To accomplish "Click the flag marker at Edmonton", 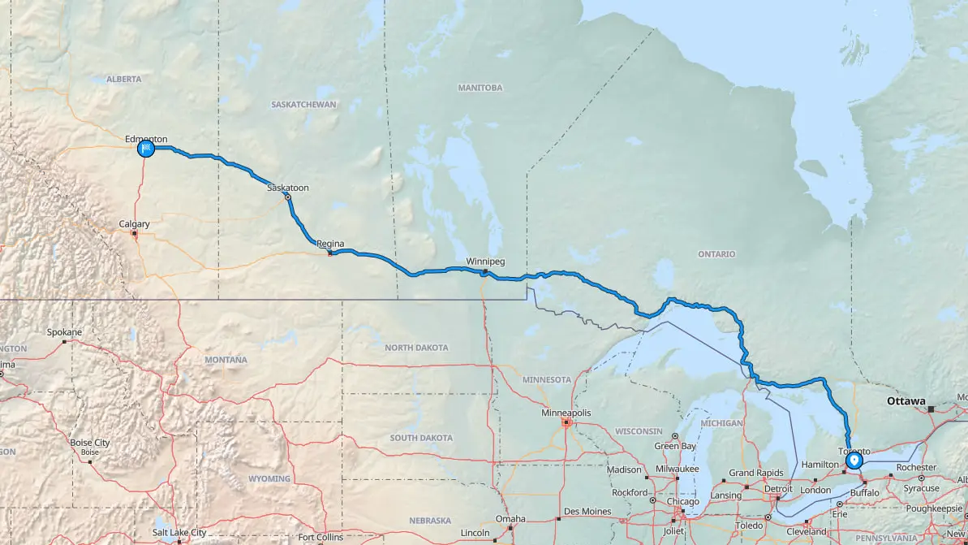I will [146, 149].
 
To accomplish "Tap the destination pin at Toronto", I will [854, 461].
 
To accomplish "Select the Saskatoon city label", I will [288, 188].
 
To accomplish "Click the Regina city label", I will [330, 244].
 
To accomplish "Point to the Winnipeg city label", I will [485, 262].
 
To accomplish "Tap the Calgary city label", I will [134, 224].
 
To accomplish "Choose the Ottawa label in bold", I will [906, 401].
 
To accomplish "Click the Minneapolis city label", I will [566, 413].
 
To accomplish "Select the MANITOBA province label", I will [480, 88].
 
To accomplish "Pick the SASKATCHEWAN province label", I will [303, 105].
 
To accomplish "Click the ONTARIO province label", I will [716, 254].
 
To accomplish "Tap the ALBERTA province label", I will [123, 79].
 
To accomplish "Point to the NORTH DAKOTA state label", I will [416, 348].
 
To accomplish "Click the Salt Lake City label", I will [179, 532].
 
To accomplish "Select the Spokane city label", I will [65, 332].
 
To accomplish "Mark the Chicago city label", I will [682, 501].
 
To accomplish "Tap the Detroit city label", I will [778, 489].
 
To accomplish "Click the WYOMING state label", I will [269, 478].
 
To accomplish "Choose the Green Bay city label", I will [675, 446].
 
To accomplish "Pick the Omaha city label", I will [511, 519].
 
